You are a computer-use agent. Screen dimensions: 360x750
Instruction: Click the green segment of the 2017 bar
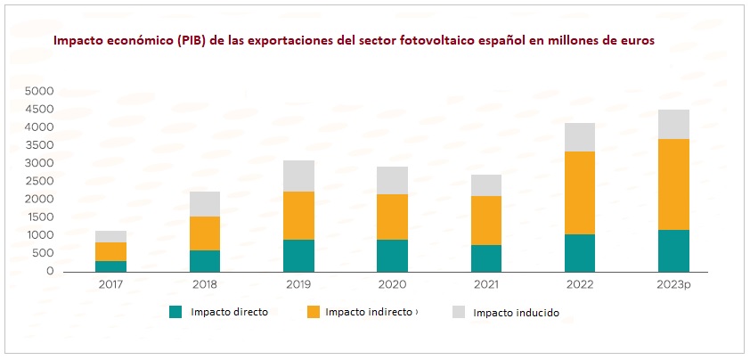coord(111,266)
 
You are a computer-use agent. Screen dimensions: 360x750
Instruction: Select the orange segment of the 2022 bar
coord(580,192)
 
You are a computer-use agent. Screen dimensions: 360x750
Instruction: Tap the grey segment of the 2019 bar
coord(299,176)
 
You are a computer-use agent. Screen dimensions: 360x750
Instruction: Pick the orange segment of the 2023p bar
coord(673,184)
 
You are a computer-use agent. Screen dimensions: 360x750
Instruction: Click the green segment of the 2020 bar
coord(393,255)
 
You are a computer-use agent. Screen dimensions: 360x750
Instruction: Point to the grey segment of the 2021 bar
coord(486,185)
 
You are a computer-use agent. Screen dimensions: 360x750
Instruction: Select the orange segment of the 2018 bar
coord(206,233)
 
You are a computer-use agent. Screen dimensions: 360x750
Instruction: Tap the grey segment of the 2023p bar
coord(673,125)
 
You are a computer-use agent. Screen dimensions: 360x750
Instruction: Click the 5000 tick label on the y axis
coord(38,91)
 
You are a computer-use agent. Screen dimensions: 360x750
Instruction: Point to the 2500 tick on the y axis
coord(38,181)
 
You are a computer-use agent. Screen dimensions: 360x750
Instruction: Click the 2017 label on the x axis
coord(111,286)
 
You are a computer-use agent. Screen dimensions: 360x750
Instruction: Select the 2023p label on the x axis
coord(673,286)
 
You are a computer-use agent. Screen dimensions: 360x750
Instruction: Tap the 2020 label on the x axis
coord(393,286)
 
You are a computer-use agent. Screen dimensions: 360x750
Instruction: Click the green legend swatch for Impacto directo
coord(175,312)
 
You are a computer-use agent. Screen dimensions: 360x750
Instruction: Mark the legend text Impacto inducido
coord(516,313)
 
